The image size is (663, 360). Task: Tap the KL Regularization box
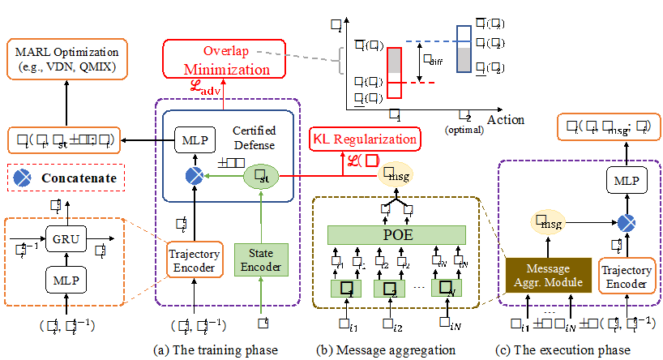(x=364, y=139)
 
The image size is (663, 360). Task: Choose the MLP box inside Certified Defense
(x=194, y=139)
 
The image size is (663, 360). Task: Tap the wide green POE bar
(x=397, y=236)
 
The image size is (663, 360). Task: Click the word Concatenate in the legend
(x=74, y=178)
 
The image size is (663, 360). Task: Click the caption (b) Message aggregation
(x=396, y=349)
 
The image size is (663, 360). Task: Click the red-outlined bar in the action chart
(x=395, y=73)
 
